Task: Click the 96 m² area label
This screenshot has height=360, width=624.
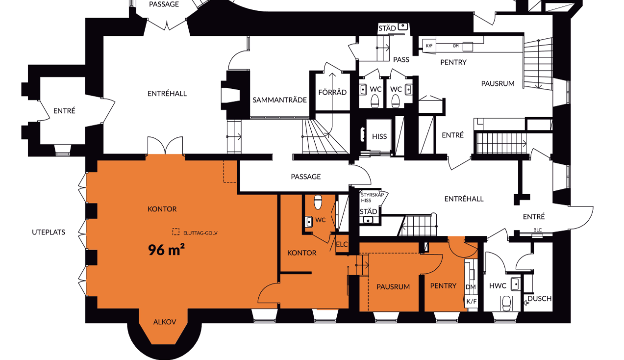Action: (166, 250)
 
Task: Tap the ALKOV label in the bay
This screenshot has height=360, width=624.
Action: (165, 322)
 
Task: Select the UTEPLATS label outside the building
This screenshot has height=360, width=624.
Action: (49, 232)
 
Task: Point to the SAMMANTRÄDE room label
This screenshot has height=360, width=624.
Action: (279, 100)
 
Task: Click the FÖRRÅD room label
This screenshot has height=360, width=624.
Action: (332, 92)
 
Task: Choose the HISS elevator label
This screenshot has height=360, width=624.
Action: (379, 136)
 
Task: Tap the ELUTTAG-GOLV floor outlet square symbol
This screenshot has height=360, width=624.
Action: (176, 231)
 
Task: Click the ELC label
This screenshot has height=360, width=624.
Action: (342, 244)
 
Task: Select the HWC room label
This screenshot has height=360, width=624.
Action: (498, 285)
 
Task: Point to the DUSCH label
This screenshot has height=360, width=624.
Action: (540, 299)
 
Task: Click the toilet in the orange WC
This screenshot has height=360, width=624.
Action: (318, 202)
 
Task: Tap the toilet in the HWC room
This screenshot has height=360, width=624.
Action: (506, 303)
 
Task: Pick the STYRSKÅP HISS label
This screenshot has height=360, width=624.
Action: (372, 198)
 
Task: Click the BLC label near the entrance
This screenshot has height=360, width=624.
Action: (537, 230)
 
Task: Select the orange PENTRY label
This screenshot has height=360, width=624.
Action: (443, 285)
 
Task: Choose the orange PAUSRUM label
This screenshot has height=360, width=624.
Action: (393, 287)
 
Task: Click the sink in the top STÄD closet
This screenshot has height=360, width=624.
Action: (403, 26)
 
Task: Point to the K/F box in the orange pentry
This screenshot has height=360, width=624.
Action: (472, 301)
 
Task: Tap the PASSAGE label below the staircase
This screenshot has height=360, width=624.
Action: (305, 177)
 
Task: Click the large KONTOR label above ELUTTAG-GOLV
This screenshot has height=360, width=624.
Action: (162, 209)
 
